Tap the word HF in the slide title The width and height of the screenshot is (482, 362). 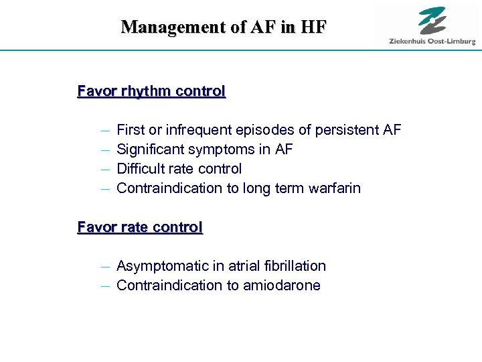point(315,27)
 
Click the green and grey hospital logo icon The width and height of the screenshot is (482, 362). point(432,20)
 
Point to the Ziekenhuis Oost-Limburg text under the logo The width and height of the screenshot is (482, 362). point(432,42)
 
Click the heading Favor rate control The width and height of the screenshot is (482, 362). point(140,227)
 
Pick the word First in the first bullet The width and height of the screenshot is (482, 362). point(131,129)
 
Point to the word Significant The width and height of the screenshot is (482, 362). point(151,149)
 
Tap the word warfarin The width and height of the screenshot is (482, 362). point(335,188)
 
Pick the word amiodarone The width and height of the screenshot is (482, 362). point(282,286)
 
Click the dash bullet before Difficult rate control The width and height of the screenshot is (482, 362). point(105,169)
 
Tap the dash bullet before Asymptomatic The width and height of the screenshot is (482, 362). point(105,267)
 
